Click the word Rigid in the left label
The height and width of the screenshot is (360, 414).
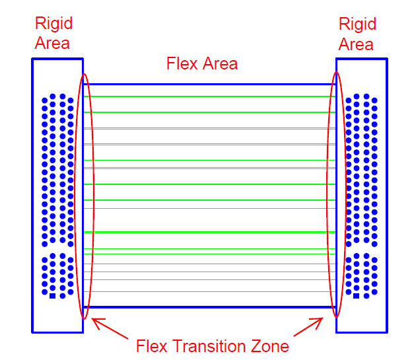click(53, 24)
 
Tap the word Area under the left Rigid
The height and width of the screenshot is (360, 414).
click(53, 44)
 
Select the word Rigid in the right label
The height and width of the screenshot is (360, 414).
click(357, 24)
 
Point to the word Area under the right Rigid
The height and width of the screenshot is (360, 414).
click(357, 44)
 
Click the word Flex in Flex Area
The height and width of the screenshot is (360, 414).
click(180, 64)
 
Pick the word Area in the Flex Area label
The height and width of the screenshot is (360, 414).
click(218, 64)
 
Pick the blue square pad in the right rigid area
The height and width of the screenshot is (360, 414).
click(357, 295)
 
